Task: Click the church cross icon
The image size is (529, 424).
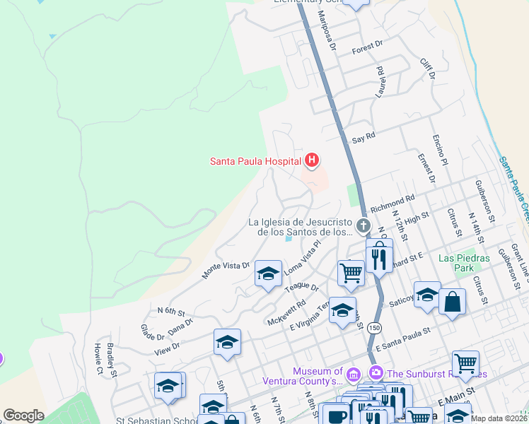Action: (364, 226)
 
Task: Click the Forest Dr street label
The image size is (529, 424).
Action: (367, 46)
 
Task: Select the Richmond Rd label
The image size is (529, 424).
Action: (392, 204)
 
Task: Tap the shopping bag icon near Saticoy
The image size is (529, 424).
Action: (453, 302)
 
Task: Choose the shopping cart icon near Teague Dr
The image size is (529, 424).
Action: (351, 272)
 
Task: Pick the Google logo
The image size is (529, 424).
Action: (23, 416)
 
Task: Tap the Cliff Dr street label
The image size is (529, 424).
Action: (426, 68)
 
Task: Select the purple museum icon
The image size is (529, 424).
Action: (354, 372)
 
